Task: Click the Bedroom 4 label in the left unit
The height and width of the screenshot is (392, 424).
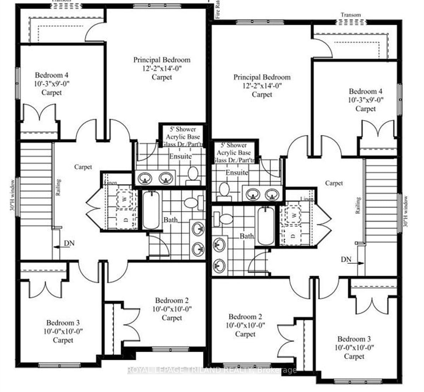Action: (x=52, y=75)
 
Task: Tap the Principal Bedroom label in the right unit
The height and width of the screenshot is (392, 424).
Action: (x=262, y=77)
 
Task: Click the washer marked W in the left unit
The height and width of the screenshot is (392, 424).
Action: (x=124, y=199)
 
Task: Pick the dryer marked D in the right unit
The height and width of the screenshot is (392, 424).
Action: (x=293, y=236)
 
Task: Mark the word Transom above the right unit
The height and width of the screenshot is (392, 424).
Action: (x=351, y=15)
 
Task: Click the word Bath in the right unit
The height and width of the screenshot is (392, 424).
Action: (x=247, y=236)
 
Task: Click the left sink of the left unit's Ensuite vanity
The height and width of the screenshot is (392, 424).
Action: (x=145, y=178)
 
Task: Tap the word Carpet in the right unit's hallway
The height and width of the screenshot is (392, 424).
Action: (x=334, y=183)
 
